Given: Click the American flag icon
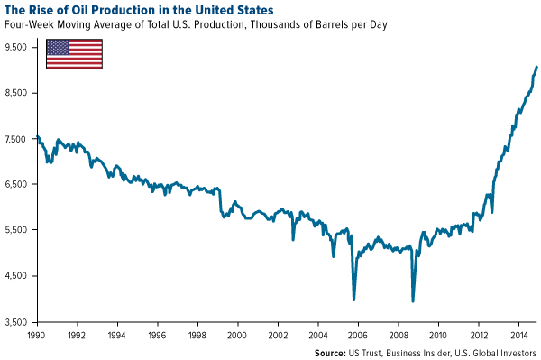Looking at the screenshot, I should coord(74,54).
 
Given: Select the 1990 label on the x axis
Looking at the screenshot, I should coord(36,334).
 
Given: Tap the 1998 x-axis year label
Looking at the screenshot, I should coord(197,334).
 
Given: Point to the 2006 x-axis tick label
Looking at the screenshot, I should coord(358,334).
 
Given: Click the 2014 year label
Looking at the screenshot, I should coord(518,334).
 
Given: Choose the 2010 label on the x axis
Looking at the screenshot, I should coord(438,334).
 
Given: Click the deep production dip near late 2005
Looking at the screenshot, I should coord(353,300).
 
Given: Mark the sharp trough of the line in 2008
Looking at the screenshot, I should coord(413,300).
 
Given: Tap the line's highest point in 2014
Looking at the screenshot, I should coord(536,67).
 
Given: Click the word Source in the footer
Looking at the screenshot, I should coord(329,351).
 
